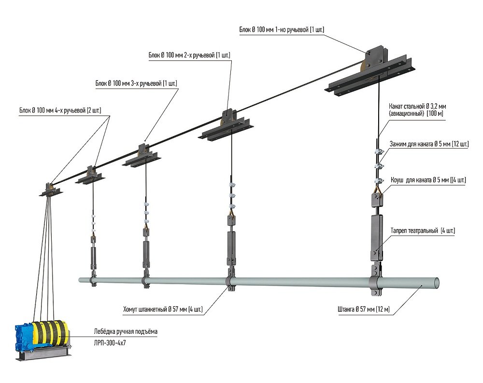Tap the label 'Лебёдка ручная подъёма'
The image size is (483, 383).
click(126, 332)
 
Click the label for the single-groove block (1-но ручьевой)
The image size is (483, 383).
click(281, 30)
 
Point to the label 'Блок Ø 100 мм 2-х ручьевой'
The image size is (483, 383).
click(189, 55)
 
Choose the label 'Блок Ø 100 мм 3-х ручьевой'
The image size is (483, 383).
click(136, 83)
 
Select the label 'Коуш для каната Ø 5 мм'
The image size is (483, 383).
click(428, 180)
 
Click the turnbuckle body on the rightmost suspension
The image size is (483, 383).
click(376, 234)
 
